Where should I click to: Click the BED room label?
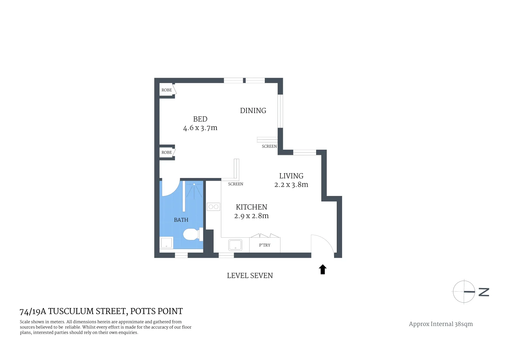pyautogui.click(x=200, y=119)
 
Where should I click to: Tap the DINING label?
pyautogui.click(x=253, y=111)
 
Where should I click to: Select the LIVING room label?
pyautogui.click(x=291, y=176)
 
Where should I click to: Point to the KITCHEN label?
pyautogui.click(x=252, y=207)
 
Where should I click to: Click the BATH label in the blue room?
pyautogui.click(x=181, y=220)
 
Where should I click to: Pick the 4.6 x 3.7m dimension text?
pyautogui.click(x=200, y=128)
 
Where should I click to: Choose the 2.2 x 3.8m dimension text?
pyautogui.click(x=291, y=185)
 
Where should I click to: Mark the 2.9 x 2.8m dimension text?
pyautogui.click(x=252, y=216)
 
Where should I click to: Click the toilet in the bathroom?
pyautogui.click(x=192, y=234)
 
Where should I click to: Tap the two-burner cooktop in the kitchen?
pyautogui.click(x=213, y=207)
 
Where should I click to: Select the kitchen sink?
pyautogui.click(x=235, y=245)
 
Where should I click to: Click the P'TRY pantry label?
pyautogui.click(x=265, y=245)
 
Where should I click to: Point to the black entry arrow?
pyautogui.click(x=322, y=269)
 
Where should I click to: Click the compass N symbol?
pyautogui.click(x=484, y=292)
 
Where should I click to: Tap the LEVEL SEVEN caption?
pyautogui.click(x=250, y=276)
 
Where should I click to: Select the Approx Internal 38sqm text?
pyautogui.click(x=441, y=324)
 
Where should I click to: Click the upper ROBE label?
pyautogui.click(x=167, y=90)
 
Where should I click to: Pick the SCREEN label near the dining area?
pyautogui.click(x=269, y=146)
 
